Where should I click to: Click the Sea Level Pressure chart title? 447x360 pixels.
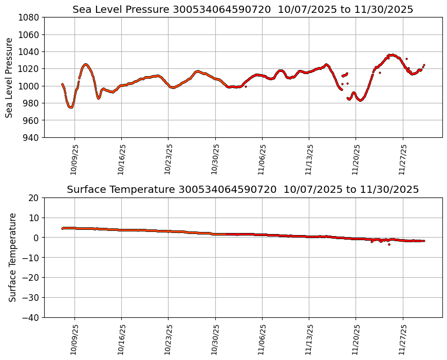(243, 9)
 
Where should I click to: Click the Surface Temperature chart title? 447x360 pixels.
(243, 189)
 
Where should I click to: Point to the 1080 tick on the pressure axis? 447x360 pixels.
(29, 17)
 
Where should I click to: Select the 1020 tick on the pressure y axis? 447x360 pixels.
(29, 69)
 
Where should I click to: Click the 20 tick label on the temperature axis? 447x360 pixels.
(34, 198)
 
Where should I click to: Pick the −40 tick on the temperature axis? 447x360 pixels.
(31, 317)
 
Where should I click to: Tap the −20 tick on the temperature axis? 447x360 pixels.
(31, 278)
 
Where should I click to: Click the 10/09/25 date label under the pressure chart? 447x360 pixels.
(74, 159)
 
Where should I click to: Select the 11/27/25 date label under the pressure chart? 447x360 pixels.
(403, 159)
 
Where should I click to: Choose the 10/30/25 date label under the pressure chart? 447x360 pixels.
(215, 159)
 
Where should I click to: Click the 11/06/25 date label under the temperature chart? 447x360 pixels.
(262, 339)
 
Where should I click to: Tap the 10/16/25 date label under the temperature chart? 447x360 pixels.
(121, 339)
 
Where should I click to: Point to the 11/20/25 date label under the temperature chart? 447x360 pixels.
(356, 339)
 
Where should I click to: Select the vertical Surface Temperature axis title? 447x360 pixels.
(12, 257)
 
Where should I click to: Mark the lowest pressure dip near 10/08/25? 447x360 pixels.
(70, 107)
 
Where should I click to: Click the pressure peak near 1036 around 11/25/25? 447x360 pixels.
(392, 55)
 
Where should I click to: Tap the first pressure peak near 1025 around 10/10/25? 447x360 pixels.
(85, 64)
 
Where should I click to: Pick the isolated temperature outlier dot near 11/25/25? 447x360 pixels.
(389, 244)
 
